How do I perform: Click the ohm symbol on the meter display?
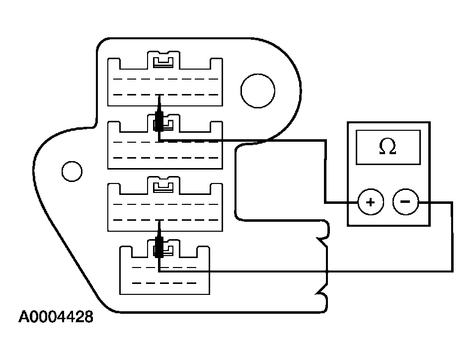[388, 146]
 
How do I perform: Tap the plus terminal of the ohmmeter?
[370, 202]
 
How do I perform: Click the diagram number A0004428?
[56, 317]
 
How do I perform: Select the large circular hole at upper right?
[257, 90]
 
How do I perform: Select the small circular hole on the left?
[72, 171]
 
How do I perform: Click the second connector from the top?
[189, 149]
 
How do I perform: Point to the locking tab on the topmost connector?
[164, 61]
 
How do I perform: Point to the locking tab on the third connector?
[164, 186]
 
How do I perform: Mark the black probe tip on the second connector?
[159, 120]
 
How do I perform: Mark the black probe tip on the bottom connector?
[159, 247]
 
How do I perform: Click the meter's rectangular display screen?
[388, 147]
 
